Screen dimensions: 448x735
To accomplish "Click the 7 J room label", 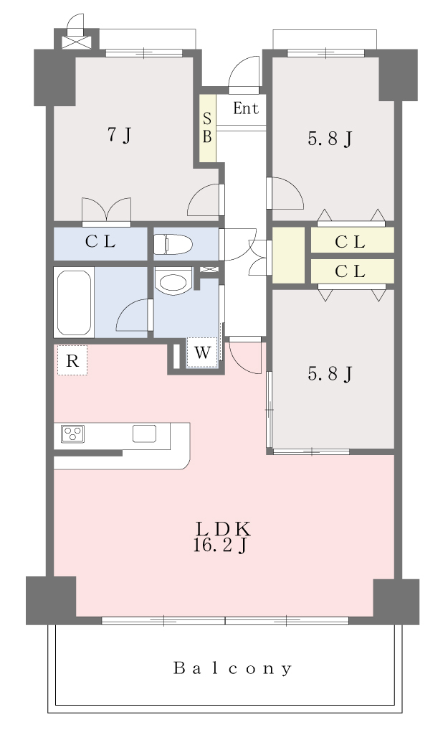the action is (x=120, y=135).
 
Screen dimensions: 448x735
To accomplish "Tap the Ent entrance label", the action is (x=246, y=108).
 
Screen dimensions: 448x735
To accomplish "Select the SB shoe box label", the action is (x=207, y=128).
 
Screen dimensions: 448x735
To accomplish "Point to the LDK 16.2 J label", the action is (x=223, y=537).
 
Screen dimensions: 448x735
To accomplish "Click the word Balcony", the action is (x=233, y=668).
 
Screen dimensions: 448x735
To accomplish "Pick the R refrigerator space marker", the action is (x=72, y=360).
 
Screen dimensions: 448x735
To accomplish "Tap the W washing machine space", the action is (x=202, y=352).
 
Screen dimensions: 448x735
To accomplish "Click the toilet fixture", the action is (x=173, y=244).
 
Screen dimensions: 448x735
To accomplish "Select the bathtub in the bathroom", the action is (x=74, y=302).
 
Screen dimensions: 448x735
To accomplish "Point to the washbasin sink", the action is (x=173, y=281).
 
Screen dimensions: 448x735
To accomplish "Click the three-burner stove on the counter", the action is (x=73, y=434).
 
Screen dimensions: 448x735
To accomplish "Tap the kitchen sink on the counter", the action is (x=144, y=434).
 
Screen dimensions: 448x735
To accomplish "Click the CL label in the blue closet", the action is (x=100, y=242).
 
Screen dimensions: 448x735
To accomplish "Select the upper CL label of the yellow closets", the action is (x=351, y=242).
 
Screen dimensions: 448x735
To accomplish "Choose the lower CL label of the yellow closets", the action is (x=351, y=271).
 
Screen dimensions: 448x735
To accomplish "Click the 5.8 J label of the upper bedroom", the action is (x=330, y=139).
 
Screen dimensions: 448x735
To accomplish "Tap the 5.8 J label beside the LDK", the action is (x=330, y=373).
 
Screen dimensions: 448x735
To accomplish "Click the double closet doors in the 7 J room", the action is (x=106, y=209).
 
